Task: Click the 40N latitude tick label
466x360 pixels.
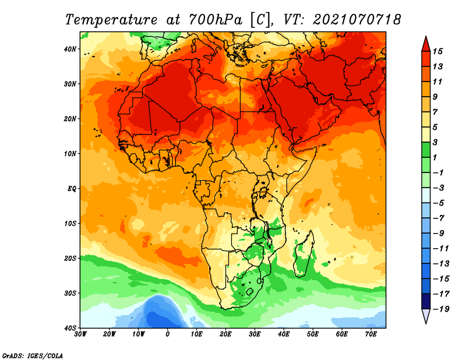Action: point(70,49)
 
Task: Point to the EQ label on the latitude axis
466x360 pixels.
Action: point(72,189)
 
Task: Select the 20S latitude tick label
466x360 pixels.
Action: point(70,258)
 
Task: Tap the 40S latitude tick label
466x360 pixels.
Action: point(70,328)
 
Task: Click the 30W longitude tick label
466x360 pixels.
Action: point(80,334)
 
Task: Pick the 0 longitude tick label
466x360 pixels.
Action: point(168,334)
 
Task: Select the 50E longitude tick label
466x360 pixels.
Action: point(313,334)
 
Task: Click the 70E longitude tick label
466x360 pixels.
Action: point(370,334)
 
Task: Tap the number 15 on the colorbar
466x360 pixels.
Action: point(437,51)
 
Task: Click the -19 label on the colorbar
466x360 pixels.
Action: point(441,309)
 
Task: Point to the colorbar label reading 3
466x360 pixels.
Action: point(435,142)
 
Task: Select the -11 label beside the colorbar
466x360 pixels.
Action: point(441,249)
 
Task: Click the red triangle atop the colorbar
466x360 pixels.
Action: point(426,45)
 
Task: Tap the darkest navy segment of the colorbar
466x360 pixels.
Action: point(426,301)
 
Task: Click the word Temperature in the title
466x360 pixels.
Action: point(111,20)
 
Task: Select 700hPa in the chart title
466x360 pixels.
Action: point(215,20)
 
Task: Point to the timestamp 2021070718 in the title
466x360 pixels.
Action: point(357,20)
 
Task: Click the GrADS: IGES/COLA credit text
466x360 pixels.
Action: point(33,356)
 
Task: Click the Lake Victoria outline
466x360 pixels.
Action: point(263,192)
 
